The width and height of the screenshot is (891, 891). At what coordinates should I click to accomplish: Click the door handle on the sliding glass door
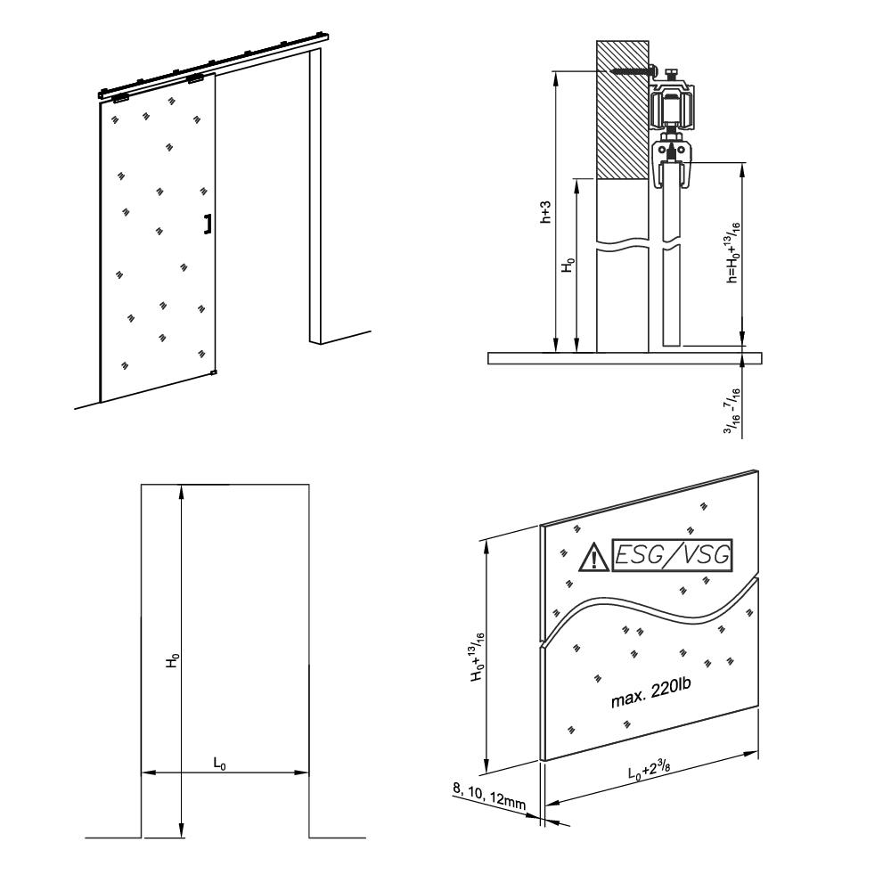208,224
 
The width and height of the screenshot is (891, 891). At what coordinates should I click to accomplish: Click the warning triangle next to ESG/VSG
591,559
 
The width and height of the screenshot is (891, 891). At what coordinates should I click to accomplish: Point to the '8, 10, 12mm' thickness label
489,796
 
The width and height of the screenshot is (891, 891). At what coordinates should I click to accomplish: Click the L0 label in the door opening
217,763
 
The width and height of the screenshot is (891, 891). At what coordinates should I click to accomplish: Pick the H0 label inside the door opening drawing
175,660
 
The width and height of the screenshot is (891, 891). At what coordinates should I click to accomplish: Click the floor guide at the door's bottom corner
214,372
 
